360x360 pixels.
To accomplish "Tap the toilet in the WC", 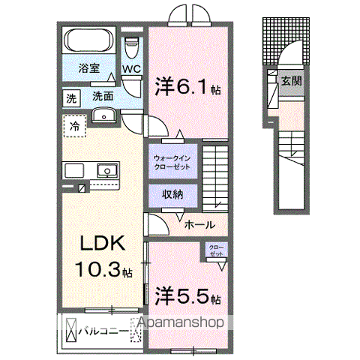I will click(133, 46).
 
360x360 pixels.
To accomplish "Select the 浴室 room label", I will click(89, 67).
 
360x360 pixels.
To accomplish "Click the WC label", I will click(132, 70).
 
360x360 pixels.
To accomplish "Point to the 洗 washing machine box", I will click(71, 97).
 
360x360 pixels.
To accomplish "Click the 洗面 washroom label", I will click(103, 97).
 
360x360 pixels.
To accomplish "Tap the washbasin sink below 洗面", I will click(103, 115).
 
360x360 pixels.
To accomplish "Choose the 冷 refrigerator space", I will click(74, 125).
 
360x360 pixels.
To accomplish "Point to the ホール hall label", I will click(199, 224).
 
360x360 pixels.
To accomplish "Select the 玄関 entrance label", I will click(292, 80).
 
